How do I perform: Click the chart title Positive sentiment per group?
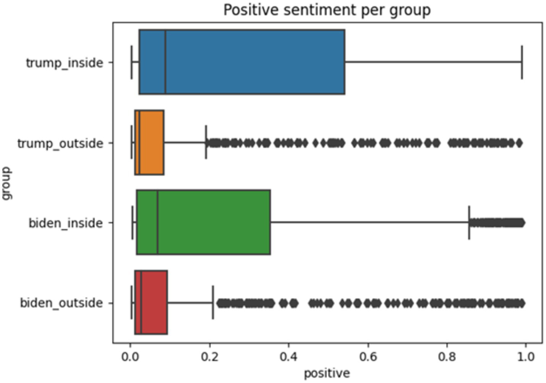(x=327, y=10)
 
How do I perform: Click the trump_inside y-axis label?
(x=65, y=63)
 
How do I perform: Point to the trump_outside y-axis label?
(x=60, y=143)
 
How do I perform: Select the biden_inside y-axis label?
(x=66, y=223)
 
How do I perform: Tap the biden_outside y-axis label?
(x=62, y=303)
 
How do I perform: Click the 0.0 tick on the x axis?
(x=130, y=357)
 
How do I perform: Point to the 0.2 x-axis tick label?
(x=209, y=357)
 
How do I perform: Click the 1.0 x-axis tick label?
(x=526, y=357)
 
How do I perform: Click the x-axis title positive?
(x=327, y=373)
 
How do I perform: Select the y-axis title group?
(x=7, y=183)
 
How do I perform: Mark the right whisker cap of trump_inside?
(x=522, y=62)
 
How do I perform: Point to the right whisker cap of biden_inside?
(x=469, y=222)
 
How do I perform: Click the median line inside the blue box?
(x=165, y=62)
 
